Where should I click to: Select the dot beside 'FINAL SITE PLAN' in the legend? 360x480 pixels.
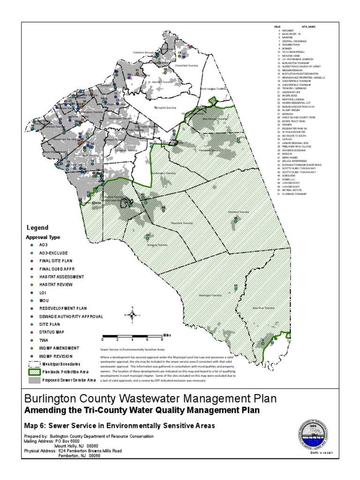pyautogui.click(x=31, y=260)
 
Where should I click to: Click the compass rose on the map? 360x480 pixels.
pyautogui.click(x=133, y=315)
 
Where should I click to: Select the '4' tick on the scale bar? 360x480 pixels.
pyautogui.click(x=132, y=339)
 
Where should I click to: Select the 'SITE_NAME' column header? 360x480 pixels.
pyautogui.click(x=308, y=27)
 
